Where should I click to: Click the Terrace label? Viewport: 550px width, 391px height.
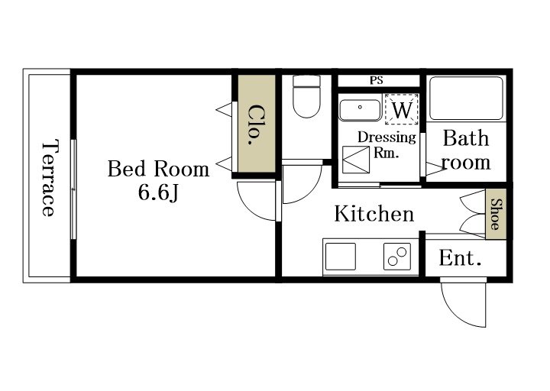pyautogui.click(x=48, y=178)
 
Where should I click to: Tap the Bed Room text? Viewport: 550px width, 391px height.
pyautogui.click(x=158, y=169)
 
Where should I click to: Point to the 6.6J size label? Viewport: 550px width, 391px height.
pyautogui.click(x=158, y=192)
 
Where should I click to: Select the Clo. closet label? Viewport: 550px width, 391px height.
pyautogui.click(x=257, y=124)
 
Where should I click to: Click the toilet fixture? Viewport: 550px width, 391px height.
pyautogui.click(x=306, y=96)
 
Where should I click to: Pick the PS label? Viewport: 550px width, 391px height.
pyautogui.click(x=377, y=80)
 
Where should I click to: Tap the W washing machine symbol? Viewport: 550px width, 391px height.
pyautogui.click(x=402, y=109)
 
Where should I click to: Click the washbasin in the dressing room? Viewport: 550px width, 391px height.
pyautogui.click(x=360, y=110)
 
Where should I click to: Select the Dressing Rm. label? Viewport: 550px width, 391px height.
pyautogui.click(x=387, y=144)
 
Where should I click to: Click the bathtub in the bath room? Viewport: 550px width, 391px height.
pyautogui.click(x=466, y=99)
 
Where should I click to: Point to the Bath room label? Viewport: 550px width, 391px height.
pyautogui.click(x=466, y=150)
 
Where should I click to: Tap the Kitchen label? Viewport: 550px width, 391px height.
pyautogui.click(x=374, y=214)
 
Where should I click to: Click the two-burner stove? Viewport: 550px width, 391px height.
pyautogui.click(x=397, y=257)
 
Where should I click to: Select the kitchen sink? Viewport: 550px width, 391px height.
pyautogui.click(x=341, y=257)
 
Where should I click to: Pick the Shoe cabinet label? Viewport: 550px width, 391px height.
pyautogui.click(x=496, y=215)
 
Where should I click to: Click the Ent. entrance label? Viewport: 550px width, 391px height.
pyautogui.click(x=460, y=258)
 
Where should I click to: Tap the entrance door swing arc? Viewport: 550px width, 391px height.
pyautogui.click(x=456, y=312)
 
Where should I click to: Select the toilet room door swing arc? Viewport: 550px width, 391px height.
pyautogui.click(x=309, y=191)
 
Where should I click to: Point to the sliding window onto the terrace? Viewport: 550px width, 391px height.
pyautogui.click(x=73, y=189)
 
